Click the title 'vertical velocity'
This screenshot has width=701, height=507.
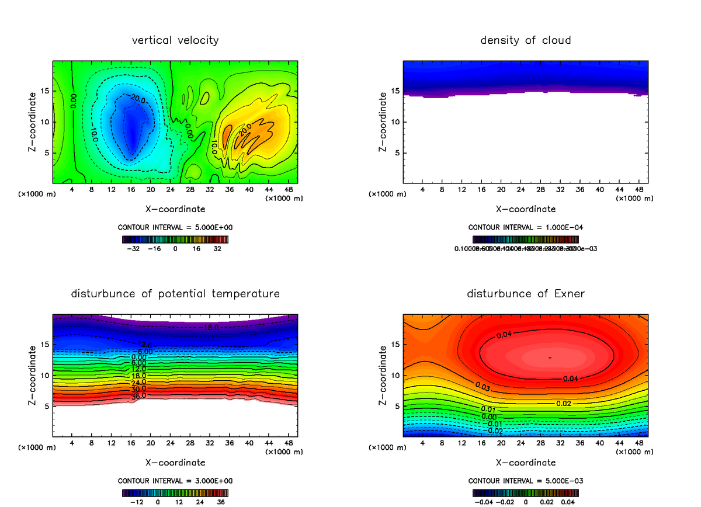pos(175,40)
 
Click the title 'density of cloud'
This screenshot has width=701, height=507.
pos(526,40)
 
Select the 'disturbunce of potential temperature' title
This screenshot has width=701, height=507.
pos(175,294)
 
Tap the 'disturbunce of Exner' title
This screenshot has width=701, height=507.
pos(526,294)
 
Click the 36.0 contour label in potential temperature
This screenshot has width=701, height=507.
pos(138,396)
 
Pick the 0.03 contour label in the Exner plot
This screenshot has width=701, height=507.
pos(483,387)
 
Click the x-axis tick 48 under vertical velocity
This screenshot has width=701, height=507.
pos(289,190)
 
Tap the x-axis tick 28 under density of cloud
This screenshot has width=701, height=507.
pos(541,190)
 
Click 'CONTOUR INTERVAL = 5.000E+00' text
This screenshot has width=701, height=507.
pos(175,227)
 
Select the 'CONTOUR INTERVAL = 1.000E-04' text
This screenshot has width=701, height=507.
pos(526,227)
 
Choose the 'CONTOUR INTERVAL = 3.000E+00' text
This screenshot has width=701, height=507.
pos(175,481)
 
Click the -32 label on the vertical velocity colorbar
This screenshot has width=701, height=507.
pos(135,248)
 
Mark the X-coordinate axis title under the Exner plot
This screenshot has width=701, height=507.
pos(526,463)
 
